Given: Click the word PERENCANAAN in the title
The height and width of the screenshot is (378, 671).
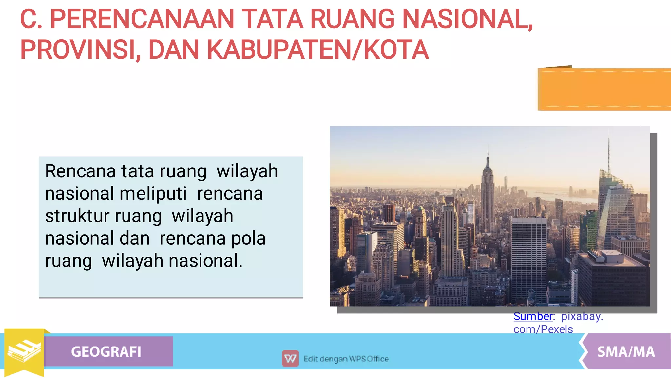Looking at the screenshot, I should point(142,19).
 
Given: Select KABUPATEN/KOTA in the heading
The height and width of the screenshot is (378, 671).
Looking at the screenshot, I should point(317,50).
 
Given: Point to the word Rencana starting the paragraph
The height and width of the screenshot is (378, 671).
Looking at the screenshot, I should point(80,171).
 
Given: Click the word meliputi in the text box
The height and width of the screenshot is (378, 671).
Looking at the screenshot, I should point(153,194).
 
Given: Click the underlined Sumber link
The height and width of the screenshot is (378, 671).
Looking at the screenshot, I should point(533,316).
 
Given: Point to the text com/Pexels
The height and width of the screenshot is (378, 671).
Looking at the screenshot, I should point(543,329).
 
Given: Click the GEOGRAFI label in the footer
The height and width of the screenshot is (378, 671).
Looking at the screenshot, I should point(106,352).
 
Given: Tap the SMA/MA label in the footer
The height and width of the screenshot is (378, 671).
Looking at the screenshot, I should point(626,352).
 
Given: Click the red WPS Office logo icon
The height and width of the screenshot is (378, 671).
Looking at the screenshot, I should point(290,359).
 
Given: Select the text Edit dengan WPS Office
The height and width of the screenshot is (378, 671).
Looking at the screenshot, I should point(346,359).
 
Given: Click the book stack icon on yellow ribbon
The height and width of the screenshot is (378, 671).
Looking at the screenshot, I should point(24,351).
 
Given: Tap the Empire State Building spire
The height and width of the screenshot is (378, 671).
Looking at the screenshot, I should point(488,154).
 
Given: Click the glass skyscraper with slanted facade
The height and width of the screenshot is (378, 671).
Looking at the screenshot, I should point(613,210).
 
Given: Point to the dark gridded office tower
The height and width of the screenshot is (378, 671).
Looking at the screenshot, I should point(528,259).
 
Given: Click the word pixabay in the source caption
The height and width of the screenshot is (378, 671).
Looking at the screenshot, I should point(582,316).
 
